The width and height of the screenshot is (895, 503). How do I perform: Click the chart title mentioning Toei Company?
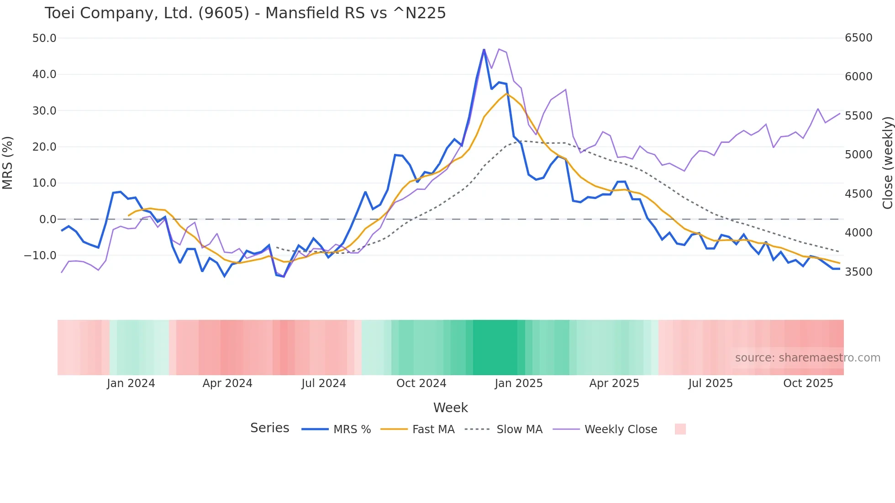pyautogui.click(x=245, y=13)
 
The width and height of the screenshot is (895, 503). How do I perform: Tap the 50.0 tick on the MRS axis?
pyautogui.click(x=44, y=38)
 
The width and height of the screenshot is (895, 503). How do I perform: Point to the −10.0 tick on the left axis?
pyautogui.click(x=40, y=256)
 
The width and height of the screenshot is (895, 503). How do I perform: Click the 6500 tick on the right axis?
pyautogui.click(x=858, y=37)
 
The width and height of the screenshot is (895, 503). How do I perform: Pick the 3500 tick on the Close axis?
pyautogui.click(x=858, y=272)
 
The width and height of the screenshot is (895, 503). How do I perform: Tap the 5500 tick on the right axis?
pyautogui.click(x=858, y=115)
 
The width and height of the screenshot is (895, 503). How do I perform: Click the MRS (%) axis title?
pyautogui.click(x=8, y=162)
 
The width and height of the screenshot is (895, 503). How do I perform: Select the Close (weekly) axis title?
pyautogui.click(x=887, y=162)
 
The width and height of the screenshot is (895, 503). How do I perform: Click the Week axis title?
pyautogui.click(x=450, y=407)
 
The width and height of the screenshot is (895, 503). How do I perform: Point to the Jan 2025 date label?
pyautogui.click(x=518, y=383)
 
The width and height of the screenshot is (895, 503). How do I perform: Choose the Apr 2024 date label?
pyautogui.click(x=227, y=383)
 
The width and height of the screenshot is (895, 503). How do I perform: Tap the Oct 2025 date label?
pyautogui.click(x=808, y=383)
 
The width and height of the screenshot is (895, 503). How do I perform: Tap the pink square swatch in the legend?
pyautogui.click(x=680, y=429)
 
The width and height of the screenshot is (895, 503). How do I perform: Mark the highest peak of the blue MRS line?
pyautogui.click(x=484, y=50)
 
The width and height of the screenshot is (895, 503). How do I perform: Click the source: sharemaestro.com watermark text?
pyautogui.click(x=807, y=357)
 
